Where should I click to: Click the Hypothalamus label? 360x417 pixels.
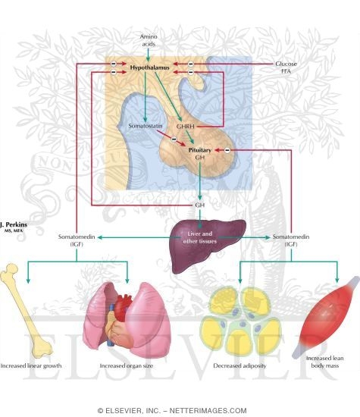[149, 67]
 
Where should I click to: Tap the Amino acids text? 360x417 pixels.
[149, 40]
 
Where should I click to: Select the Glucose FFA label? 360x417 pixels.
[286, 67]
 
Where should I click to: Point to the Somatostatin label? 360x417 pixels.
[146, 126]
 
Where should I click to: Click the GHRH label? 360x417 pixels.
[186, 127]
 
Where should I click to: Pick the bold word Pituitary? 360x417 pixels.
[199, 150]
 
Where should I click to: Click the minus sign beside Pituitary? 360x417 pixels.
[227, 150]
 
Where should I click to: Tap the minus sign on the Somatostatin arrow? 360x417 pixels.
[174, 139]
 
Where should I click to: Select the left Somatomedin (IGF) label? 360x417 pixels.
[77, 240]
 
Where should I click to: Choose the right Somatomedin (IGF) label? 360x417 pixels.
[291, 240]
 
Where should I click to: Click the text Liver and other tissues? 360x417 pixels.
[199, 237]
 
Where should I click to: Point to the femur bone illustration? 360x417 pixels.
[25, 311]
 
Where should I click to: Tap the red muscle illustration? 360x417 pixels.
[327, 316]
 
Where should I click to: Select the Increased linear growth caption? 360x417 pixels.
[31, 365]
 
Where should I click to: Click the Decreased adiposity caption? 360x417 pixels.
[239, 365]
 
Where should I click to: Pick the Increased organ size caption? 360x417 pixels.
[127, 365]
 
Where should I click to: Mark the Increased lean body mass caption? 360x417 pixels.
[324, 362]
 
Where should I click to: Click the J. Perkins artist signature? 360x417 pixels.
[14, 227]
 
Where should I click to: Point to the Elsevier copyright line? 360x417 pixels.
[172, 410]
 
